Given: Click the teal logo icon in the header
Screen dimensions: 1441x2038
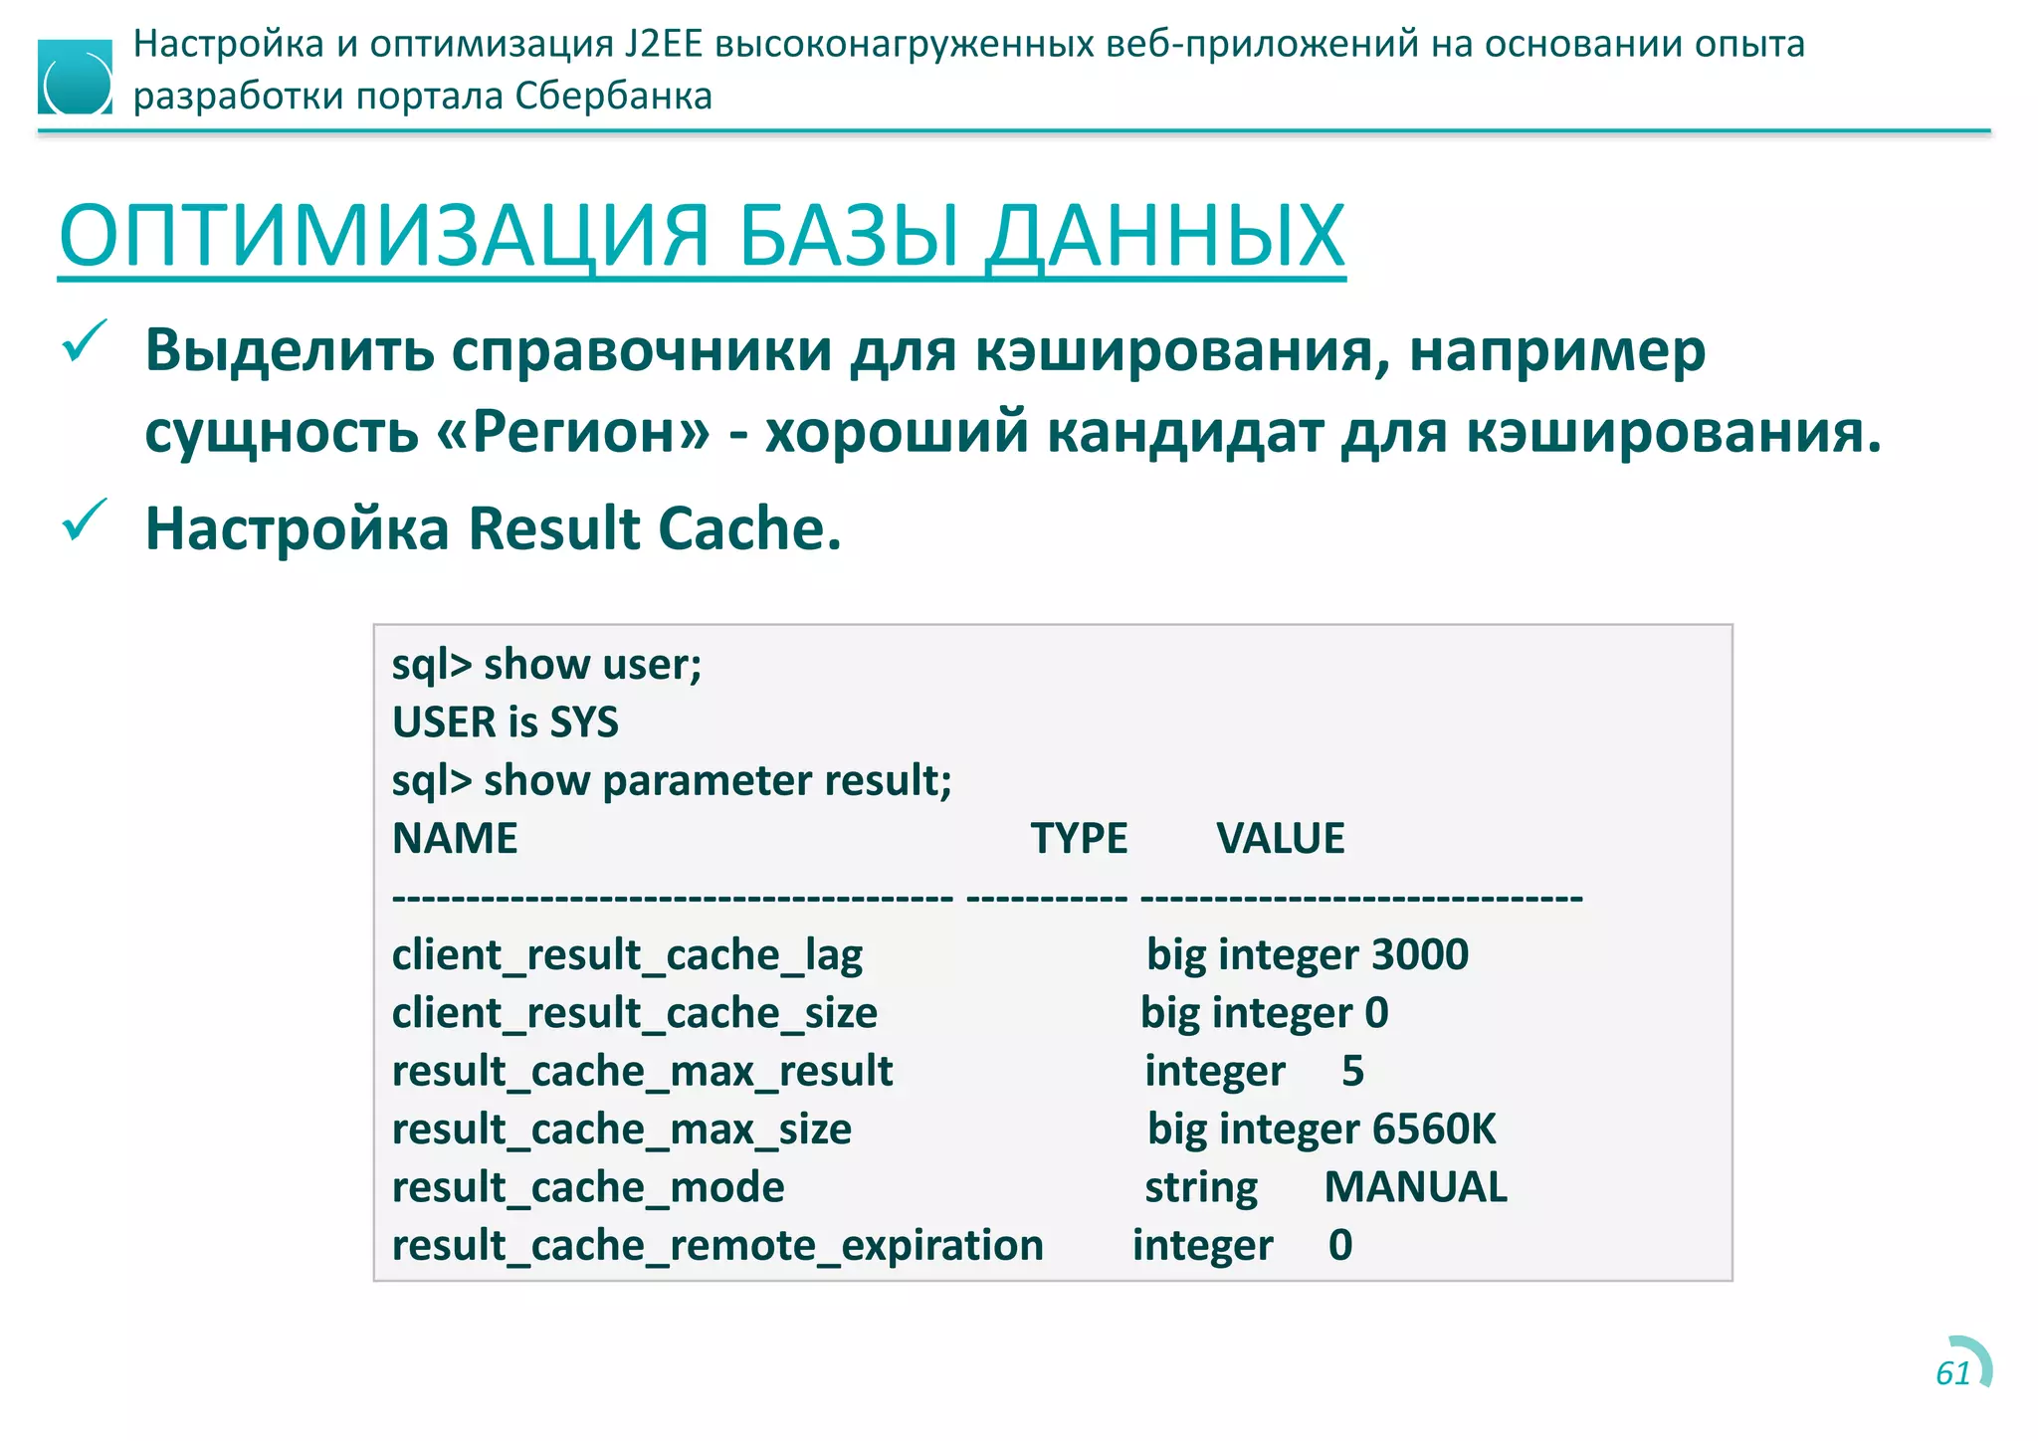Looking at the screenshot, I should [75, 78].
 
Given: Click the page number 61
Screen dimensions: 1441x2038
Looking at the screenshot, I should [1953, 1373].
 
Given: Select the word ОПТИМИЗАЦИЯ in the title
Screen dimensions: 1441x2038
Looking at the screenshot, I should [384, 237].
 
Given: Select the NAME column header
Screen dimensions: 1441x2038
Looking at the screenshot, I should [455, 838].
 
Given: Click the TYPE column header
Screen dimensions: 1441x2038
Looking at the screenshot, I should [1079, 838].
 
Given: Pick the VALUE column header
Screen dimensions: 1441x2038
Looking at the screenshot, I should [1280, 838].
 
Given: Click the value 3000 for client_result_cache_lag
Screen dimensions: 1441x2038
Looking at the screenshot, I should [1420, 954].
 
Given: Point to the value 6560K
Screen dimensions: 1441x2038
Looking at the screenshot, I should [1434, 1129].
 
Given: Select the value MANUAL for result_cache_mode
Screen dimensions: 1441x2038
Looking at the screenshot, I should [1415, 1187].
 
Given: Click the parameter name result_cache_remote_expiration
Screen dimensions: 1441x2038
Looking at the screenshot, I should [717, 1245].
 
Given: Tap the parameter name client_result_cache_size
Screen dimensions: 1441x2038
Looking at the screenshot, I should [635, 1013].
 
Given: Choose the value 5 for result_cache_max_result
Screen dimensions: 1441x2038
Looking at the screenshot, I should [1352, 1071].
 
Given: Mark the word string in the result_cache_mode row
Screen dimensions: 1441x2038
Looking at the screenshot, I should [1201, 1187].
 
